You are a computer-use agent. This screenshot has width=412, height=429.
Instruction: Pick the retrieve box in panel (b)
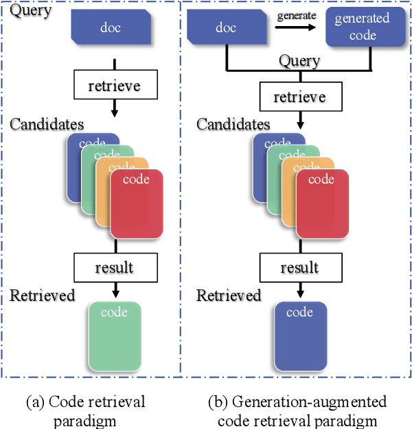coord(299,97)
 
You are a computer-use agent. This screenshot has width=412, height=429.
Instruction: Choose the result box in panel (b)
coord(299,266)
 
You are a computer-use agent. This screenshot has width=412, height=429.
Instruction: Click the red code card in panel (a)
coord(136,206)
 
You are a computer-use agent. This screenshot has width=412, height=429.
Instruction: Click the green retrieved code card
coord(115,334)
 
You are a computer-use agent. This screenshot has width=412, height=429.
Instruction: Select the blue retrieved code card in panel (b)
coord(300,334)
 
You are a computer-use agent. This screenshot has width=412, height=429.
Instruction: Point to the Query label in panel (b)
coord(299,61)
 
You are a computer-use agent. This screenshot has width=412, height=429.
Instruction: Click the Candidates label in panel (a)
coord(47,125)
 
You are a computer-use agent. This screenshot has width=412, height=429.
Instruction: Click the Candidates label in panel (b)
coord(233,125)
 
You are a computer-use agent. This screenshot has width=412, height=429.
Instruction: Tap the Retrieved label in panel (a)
coord(43,295)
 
